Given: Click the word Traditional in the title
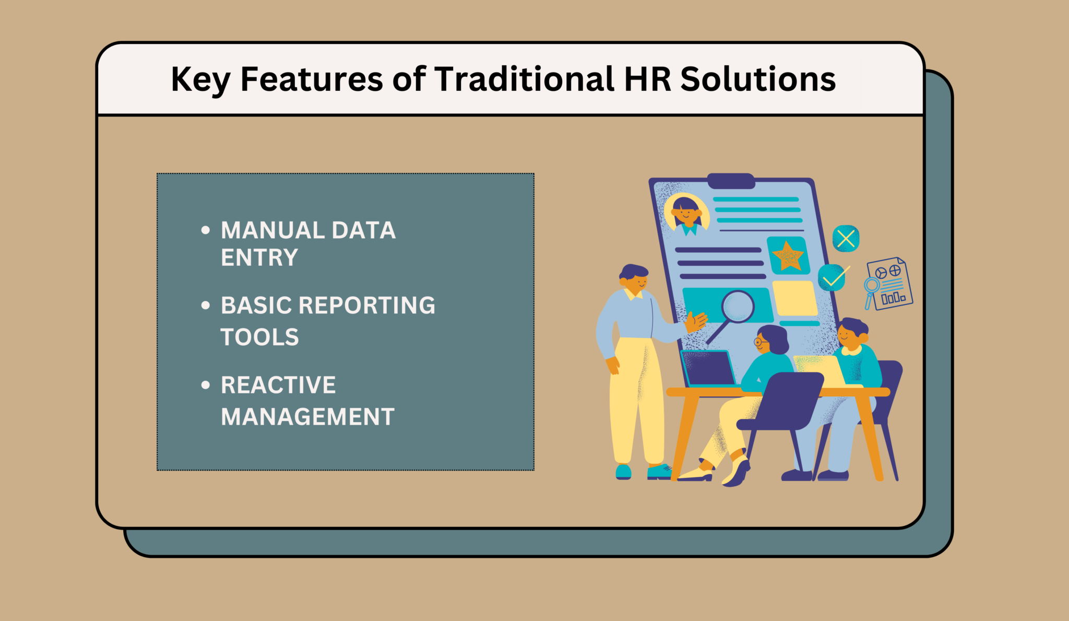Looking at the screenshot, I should click(524, 79).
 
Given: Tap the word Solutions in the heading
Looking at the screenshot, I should click(758, 79).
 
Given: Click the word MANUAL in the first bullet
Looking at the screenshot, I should click(272, 230).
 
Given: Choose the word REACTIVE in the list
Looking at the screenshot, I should click(278, 385).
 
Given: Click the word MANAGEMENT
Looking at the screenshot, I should click(307, 417).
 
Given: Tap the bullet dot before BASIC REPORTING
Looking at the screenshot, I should click(206, 306).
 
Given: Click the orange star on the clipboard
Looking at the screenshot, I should click(788, 256).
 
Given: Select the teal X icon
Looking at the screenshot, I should click(846, 239).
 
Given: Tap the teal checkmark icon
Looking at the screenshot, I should click(832, 277).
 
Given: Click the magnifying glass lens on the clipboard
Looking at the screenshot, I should click(738, 306).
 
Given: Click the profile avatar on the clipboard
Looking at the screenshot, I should click(686, 213).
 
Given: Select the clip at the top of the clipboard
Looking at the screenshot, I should click(731, 181).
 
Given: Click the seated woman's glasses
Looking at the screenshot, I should click(761, 342).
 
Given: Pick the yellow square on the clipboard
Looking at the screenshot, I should click(794, 298).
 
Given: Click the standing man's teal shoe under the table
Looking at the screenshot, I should click(659, 472).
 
